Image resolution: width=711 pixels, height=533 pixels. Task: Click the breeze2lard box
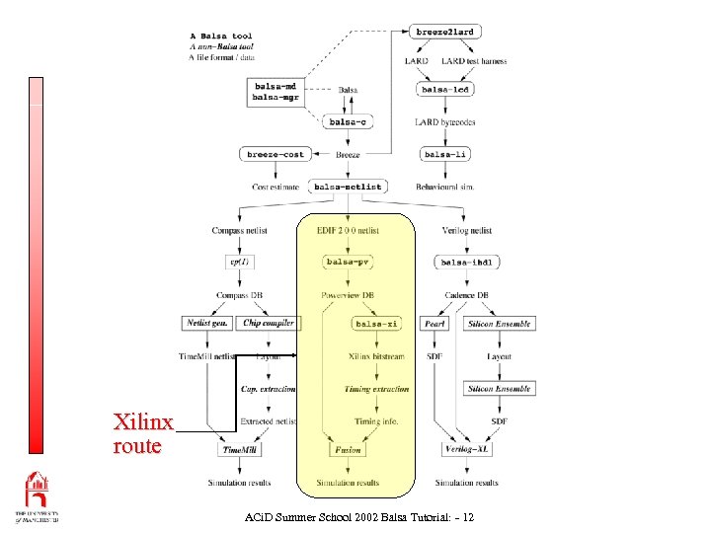[x=444, y=33]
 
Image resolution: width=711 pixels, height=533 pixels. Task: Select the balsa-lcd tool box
[x=444, y=90]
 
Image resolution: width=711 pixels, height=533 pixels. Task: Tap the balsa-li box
[x=444, y=155]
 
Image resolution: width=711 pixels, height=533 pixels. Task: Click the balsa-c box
[x=348, y=122]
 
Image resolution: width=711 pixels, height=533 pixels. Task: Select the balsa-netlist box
[x=348, y=187]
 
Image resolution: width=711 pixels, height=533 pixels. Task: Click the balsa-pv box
[x=348, y=263]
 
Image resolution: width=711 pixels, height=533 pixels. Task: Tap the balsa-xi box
[x=376, y=324]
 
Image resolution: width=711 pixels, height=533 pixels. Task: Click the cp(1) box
[x=240, y=263]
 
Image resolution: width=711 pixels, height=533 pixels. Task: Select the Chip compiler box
[x=268, y=324]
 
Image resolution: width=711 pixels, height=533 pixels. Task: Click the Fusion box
[x=348, y=450]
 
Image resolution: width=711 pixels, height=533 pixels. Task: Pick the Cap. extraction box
[x=268, y=389]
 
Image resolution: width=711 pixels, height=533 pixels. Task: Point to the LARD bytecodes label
[x=444, y=122]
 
